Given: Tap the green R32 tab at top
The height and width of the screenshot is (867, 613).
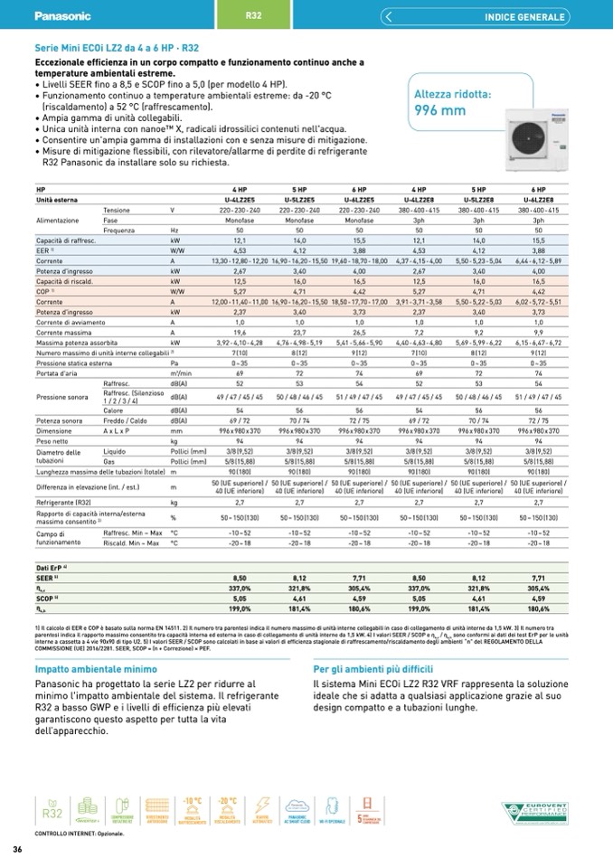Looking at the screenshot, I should tap(254, 15).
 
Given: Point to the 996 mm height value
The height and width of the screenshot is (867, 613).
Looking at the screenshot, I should tap(439, 110).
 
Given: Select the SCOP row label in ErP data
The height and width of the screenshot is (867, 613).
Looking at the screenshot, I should tap(46, 598).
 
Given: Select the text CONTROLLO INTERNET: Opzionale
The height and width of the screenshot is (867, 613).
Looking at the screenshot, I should tap(80, 831).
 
